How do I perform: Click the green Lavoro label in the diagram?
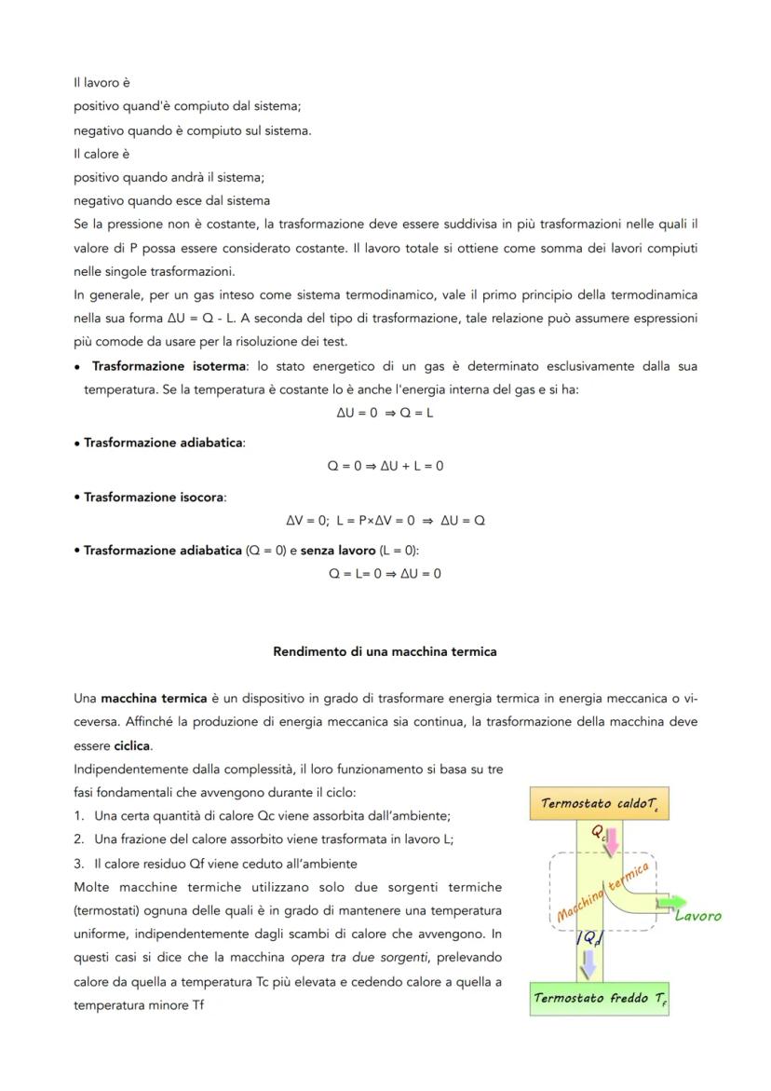click(x=697, y=917)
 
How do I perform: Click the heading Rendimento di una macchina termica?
click(x=385, y=651)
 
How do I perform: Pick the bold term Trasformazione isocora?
click(x=154, y=497)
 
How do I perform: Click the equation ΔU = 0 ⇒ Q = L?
click(x=385, y=413)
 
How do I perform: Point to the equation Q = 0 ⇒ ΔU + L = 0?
click(x=385, y=466)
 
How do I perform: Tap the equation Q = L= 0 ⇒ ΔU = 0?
click(x=385, y=573)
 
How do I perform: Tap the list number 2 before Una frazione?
click(x=81, y=838)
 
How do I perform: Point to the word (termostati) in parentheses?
click(x=105, y=909)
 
